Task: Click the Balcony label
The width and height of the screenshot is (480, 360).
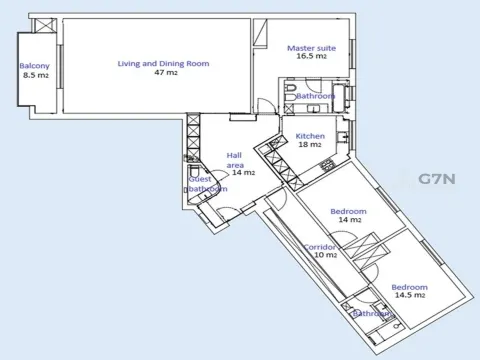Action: pyautogui.click(x=34, y=66)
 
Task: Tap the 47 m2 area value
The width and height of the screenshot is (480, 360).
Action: pyautogui.click(x=166, y=72)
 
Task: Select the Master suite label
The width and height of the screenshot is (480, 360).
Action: pyautogui.click(x=312, y=48)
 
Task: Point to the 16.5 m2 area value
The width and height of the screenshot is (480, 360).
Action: pyautogui.click(x=312, y=56)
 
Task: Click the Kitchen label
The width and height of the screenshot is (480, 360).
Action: pyautogui.click(x=310, y=136)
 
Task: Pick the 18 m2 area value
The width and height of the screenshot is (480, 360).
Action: pyautogui.click(x=310, y=144)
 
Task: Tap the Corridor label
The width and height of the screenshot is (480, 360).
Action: pyautogui.click(x=320, y=247)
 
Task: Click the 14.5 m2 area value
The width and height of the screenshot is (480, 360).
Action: pyautogui.click(x=410, y=295)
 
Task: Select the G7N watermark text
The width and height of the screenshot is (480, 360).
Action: pyautogui.click(x=437, y=179)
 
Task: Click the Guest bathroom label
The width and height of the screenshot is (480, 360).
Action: pyautogui.click(x=207, y=184)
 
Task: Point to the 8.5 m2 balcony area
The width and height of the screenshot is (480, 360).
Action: pyautogui.click(x=36, y=75)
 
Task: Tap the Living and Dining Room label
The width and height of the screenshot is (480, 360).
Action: pyautogui.click(x=163, y=63)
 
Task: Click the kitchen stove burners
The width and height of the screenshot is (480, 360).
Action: pyautogui.click(x=327, y=165)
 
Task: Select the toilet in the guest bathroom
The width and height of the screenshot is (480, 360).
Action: pyautogui.click(x=194, y=171)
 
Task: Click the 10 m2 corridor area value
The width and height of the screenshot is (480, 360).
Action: pyautogui.click(x=326, y=255)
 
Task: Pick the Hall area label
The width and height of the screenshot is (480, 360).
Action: pyautogui.click(x=235, y=160)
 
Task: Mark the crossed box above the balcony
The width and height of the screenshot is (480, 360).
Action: pyautogui.click(x=44, y=25)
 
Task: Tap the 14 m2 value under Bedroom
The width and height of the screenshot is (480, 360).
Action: pyautogui.click(x=350, y=220)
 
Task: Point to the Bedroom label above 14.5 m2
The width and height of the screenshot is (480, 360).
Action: pyautogui.click(x=409, y=287)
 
